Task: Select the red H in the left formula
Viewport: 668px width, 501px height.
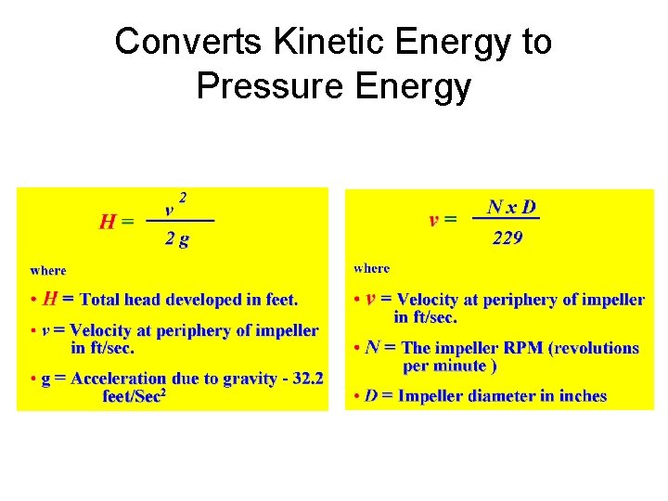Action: pyautogui.click(x=108, y=222)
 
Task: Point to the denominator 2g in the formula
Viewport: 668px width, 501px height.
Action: pyautogui.click(x=176, y=238)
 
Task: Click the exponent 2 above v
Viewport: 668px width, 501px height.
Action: pyautogui.click(x=183, y=197)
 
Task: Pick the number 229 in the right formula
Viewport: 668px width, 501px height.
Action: pyautogui.click(x=507, y=238)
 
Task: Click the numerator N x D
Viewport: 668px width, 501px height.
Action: pyautogui.click(x=511, y=206)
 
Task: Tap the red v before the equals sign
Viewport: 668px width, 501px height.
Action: pyautogui.click(x=433, y=220)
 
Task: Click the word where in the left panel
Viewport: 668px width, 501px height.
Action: pyautogui.click(x=48, y=270)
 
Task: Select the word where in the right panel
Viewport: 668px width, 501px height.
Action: pyautogui.click(x=372, y=268)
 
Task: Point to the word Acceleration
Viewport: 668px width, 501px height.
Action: pyautogui.click(x=119, y=379)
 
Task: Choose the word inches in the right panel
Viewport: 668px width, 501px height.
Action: pyautogui.click(x=583, y=396)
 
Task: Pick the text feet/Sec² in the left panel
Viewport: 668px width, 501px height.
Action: pyautogui.click(x=135, y=396)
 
